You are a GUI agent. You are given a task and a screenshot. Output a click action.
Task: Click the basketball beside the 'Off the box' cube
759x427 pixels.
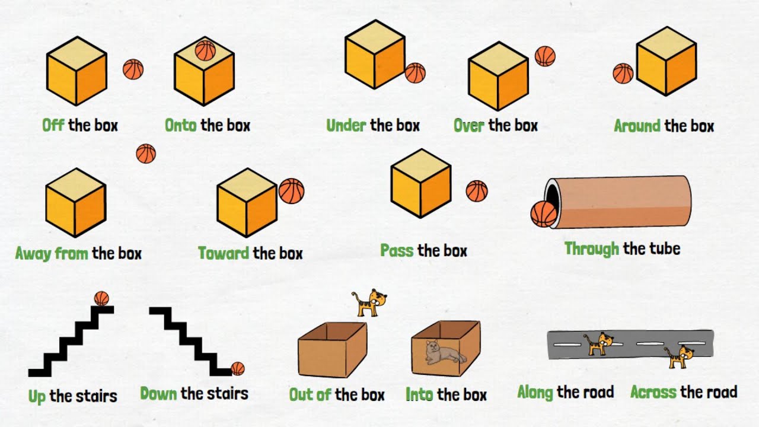point(133,69)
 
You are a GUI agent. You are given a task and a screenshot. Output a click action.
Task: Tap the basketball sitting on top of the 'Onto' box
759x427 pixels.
point(205,50)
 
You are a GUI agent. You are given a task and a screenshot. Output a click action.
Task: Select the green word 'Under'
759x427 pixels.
point(346,126)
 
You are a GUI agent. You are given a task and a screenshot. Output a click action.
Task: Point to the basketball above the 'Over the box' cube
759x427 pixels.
point(545,56)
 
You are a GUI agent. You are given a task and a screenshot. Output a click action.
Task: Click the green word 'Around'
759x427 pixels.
point(637,126)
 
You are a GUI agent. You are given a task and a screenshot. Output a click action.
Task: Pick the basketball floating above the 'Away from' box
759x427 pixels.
point(146,154)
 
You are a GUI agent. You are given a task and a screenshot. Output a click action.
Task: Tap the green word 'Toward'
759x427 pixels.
point(224,254)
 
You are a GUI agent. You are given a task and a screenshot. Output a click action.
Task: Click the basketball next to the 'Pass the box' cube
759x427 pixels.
point(477,191)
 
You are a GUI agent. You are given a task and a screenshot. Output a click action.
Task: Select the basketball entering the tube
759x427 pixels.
point(543,214)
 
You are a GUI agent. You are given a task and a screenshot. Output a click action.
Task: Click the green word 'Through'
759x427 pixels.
point(592,248)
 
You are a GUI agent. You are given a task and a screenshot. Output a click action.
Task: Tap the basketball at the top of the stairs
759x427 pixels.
point(101,298)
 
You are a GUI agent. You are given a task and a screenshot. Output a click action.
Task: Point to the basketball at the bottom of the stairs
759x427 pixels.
point(238,369)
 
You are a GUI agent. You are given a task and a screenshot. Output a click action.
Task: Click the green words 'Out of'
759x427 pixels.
point(310,395)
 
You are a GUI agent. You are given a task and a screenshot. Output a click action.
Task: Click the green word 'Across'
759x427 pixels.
point(653,393)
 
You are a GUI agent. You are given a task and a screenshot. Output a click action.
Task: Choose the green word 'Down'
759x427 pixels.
point(158,393)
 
